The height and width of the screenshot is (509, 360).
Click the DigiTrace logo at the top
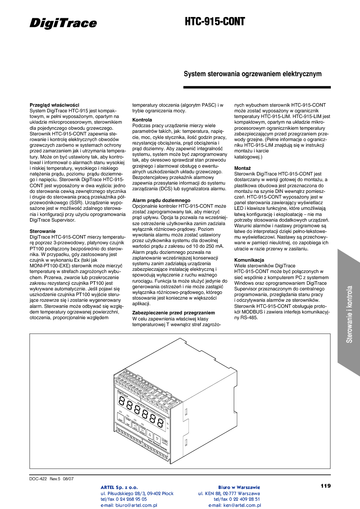point(63,23)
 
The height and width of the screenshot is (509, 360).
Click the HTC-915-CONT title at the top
point(215,22)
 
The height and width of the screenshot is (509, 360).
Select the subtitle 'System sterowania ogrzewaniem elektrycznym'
point(252,74)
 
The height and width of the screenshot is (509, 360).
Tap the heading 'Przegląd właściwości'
point(54,105)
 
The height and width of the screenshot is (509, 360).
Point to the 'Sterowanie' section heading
point(43,230)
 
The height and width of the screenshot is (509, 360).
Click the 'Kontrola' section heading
point(142,120)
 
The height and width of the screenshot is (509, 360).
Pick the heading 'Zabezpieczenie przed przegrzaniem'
point(173,313)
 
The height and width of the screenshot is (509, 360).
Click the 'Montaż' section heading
point(242,168)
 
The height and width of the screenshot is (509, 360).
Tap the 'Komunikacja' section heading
point(249,260)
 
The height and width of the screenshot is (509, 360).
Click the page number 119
point(325,486)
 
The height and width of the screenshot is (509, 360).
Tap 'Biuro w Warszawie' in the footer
point(239,487)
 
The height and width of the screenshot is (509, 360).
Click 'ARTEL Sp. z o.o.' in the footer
point(119,487)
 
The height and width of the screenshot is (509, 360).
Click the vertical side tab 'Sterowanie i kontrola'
point(349,313)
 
